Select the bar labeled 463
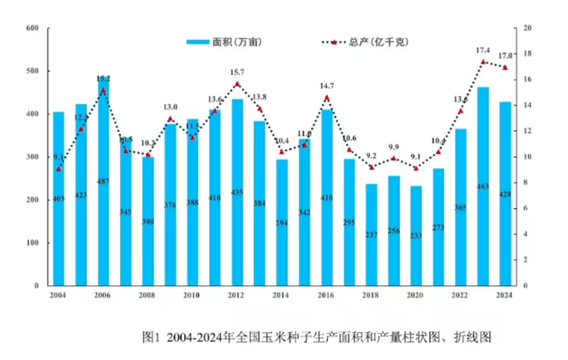pyautogui.click(x=482, y=189)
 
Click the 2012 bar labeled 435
pyautogui.click(x=237, y=193)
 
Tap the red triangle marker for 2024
pyautogui.click(x=504, y=67)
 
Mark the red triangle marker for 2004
pyautogui.click(x=59, y=168)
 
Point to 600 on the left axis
pyautogui.click(x=32, y=28)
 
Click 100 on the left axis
pyautogui.click(x=32, y=243)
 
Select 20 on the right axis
pyautogui.click(x=528, y=28)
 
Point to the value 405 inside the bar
pyautogui.click(x=58, y=199)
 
